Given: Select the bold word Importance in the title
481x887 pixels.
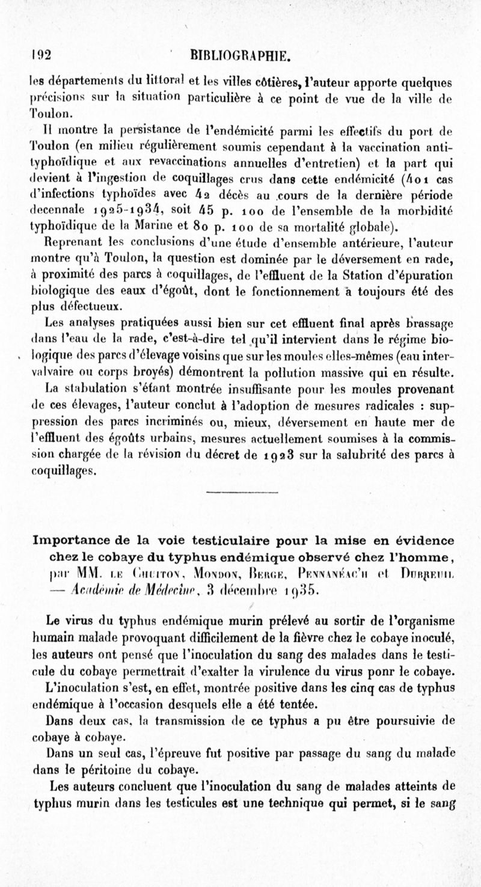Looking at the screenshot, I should coord(75,539).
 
